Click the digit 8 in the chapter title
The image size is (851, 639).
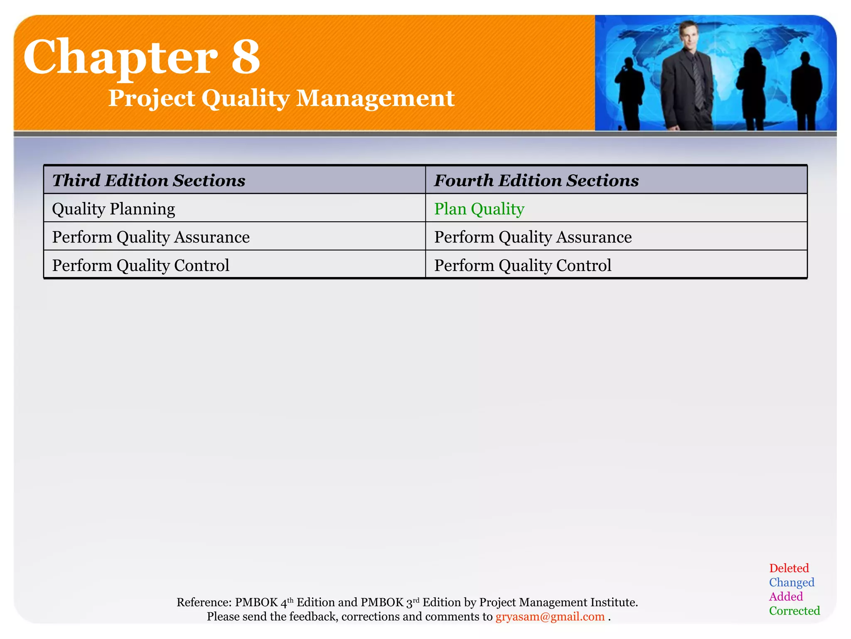click(245, 57)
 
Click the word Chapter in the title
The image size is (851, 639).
click(121, 57)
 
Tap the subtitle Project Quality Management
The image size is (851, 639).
click(281, 98)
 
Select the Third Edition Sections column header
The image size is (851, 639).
click(149, 181)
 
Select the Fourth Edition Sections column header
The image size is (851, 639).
click(536, 181)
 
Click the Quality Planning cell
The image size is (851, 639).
click(113, 209)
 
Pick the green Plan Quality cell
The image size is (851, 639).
click(479, 209)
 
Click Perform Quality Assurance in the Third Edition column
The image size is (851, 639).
click(151, 237)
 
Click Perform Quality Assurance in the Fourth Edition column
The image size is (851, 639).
click(533, 237)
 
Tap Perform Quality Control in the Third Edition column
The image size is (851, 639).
click(140, 265)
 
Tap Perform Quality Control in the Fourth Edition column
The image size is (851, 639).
click(522, 265)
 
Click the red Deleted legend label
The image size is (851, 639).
click(789, 568)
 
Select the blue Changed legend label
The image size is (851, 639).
click(791, 582)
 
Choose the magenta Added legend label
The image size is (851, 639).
click(786, 597)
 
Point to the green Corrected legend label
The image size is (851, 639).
click(794, 611)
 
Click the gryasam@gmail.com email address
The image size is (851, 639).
click(550, 617)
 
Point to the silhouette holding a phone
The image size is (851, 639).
click(630, 92)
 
